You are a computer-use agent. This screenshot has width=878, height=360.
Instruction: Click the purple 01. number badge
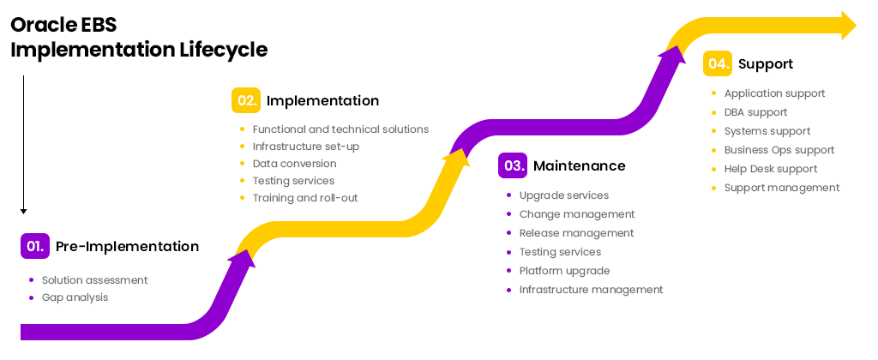point(34,246)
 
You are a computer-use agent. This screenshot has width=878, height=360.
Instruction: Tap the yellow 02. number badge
point(246,100)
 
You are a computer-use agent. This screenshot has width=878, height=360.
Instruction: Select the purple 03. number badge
point(513,165)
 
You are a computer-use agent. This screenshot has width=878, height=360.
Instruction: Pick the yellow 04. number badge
point(718,63)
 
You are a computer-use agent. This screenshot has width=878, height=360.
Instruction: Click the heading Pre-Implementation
point(127,246)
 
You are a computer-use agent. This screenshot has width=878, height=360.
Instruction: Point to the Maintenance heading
point(579,165)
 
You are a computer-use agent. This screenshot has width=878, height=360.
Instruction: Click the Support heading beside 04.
point(766,63)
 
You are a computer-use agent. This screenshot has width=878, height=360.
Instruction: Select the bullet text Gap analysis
point(75,297)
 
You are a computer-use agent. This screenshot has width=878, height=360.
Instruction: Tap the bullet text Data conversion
point(295,164)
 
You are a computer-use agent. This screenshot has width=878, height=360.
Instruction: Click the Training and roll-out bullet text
point(305,198)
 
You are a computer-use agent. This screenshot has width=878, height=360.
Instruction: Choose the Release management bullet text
point(577,233)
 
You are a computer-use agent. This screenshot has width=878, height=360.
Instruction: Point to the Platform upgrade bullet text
point(564,271)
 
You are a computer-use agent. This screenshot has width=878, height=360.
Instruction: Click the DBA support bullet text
point(756,112)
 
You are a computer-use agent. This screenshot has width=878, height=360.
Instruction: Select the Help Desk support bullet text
point(771,169)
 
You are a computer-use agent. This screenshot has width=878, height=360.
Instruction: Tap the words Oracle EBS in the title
point(63,25)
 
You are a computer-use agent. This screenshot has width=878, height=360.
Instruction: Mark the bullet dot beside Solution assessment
point(31,280)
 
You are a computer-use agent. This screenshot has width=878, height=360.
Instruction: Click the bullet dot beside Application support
point(713,93)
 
